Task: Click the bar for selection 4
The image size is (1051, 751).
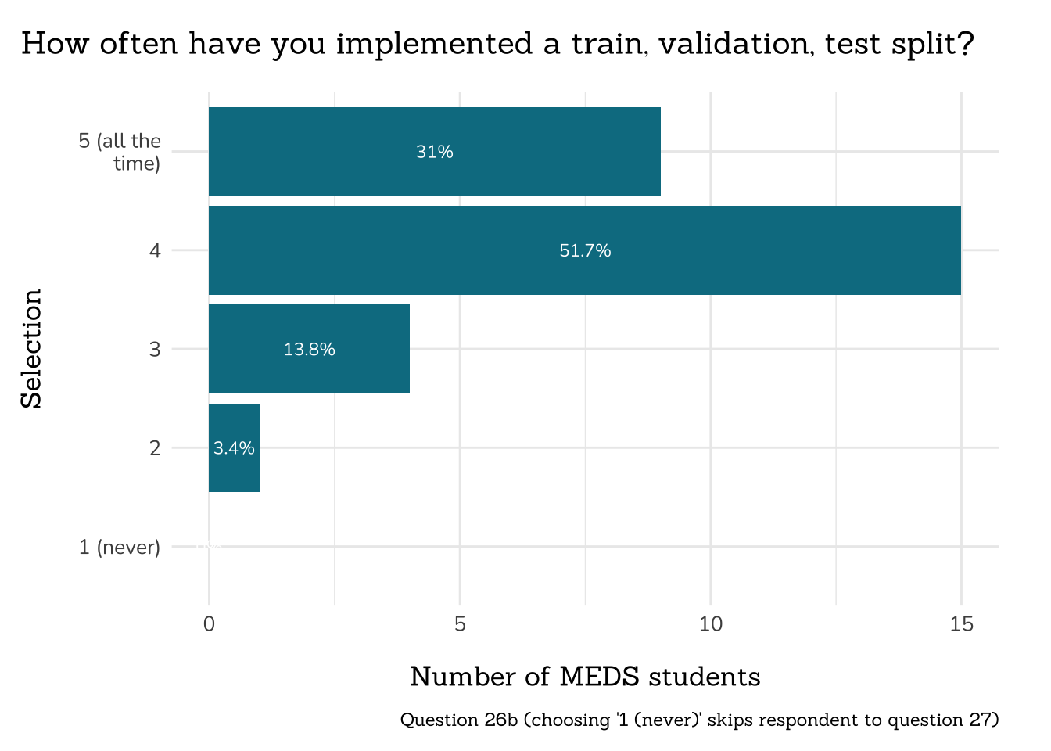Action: click(x=704, y=250)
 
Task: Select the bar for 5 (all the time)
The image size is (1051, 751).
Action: click(x=547, y=151)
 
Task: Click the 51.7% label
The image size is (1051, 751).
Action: click(x=585, y=251)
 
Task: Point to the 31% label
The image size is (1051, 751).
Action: click(x=435, y=152)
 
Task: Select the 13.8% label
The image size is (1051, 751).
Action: click(x=310, y=350)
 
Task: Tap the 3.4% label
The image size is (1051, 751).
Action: click(x=234, y=448)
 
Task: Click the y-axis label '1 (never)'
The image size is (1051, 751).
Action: click(x=120, y=547)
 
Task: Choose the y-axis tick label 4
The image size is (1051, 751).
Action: click(x=155, y=251)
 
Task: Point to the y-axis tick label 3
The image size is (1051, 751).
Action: click(x=155, y=350)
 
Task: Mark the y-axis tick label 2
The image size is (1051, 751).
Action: click(x=155, y=448)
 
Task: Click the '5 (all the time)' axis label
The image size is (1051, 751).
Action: click(x=120, y=152)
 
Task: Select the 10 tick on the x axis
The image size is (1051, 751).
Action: click(x=710, y=624)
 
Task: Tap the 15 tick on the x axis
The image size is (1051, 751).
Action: click(x=961, y=624)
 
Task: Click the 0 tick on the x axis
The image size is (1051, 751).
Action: click(x=209, y=624)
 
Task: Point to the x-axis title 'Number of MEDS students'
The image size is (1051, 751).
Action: click(x=585, y=677)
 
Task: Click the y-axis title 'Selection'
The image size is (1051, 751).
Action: click(x=31, y=349)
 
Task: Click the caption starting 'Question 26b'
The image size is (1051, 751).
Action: click(x=699, y=720)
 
